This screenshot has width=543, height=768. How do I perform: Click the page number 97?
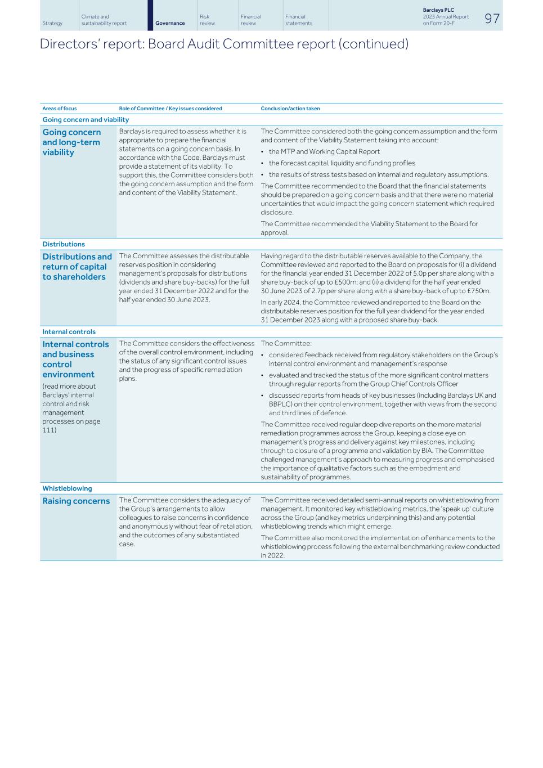tap(491, 18)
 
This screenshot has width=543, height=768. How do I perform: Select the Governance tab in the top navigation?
tap(170, 23)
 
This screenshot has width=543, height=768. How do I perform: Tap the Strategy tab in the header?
tap(52, 23)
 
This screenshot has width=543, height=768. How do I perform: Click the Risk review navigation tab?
tap(207, 20)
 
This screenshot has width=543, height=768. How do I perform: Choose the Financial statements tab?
tap(298, 20)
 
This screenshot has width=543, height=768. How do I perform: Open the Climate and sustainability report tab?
tap(104, 20)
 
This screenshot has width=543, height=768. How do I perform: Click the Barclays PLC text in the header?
tap(438, 10)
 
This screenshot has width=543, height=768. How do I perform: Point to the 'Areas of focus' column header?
tap(60, 109)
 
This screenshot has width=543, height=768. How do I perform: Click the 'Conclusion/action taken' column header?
tap(290, 109)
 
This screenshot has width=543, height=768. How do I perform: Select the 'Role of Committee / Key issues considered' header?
tap(170, 109)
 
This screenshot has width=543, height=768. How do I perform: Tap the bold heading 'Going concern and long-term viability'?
tap(71, 142)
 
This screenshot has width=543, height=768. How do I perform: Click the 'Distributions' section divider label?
tap(64, 244)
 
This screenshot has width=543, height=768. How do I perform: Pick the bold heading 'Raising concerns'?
tap(76, 501)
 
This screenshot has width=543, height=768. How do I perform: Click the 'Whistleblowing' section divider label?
tap(67, 488)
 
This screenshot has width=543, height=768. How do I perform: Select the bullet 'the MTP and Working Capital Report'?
tap(324, 151)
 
